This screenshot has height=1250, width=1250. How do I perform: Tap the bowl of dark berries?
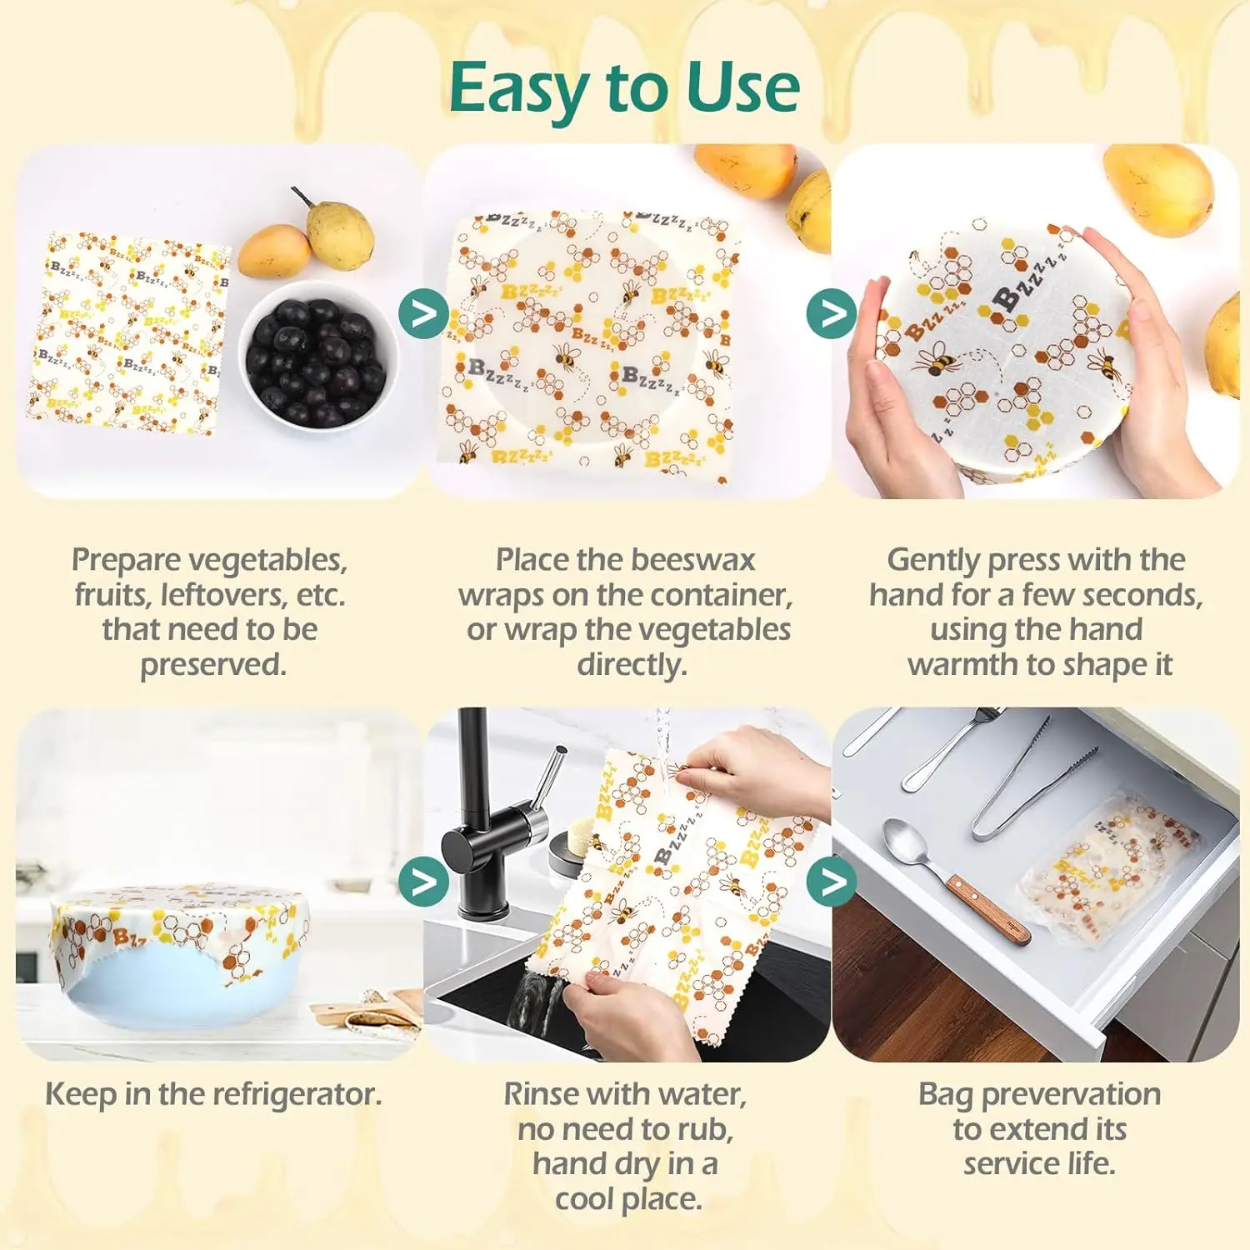[317, 354]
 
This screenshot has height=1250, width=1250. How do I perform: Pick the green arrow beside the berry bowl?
[423, 314]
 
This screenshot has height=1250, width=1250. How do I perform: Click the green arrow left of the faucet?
[423, 881]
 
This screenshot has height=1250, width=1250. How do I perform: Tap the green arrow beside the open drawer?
[832, 881]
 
